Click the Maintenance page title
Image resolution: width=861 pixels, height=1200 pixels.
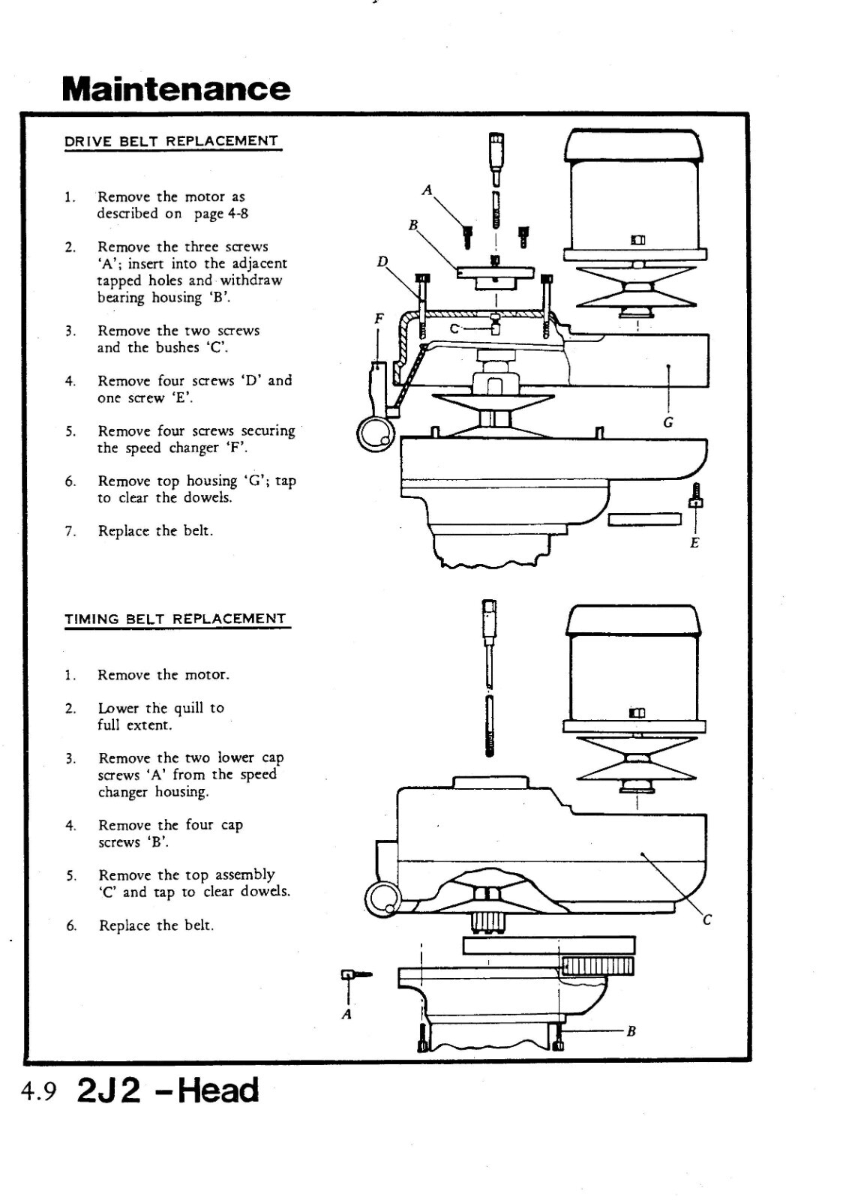176,88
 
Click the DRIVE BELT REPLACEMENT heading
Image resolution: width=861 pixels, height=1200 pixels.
172,141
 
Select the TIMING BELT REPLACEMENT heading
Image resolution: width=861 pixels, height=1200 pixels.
175,619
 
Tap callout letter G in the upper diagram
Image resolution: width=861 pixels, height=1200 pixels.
668,422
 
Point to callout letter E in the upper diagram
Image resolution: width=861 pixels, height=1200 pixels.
694,542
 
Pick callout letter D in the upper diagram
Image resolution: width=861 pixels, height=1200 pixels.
382,262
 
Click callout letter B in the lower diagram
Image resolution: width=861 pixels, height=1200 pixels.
631,1031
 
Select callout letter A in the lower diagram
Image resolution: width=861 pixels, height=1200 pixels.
346,1015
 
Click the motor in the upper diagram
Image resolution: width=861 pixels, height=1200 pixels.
634,195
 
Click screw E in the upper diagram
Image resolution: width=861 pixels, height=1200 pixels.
695,496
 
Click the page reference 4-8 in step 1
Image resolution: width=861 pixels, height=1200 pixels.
232,214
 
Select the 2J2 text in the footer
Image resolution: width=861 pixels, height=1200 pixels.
109,1090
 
